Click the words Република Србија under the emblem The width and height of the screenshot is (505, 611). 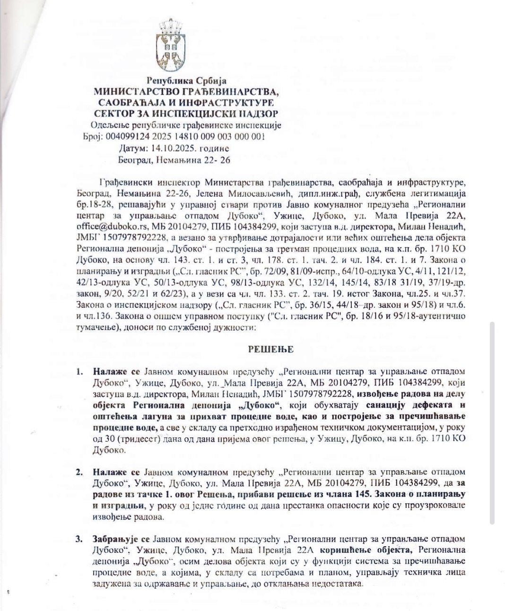click(x=186, y=81)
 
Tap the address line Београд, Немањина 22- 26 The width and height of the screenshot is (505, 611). click(x=174, y=160)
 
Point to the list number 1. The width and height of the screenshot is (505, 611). click(x=79, y=372)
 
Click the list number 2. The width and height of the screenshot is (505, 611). click(x=79, y=472)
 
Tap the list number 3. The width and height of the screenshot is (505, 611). click(x=79, y=539)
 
